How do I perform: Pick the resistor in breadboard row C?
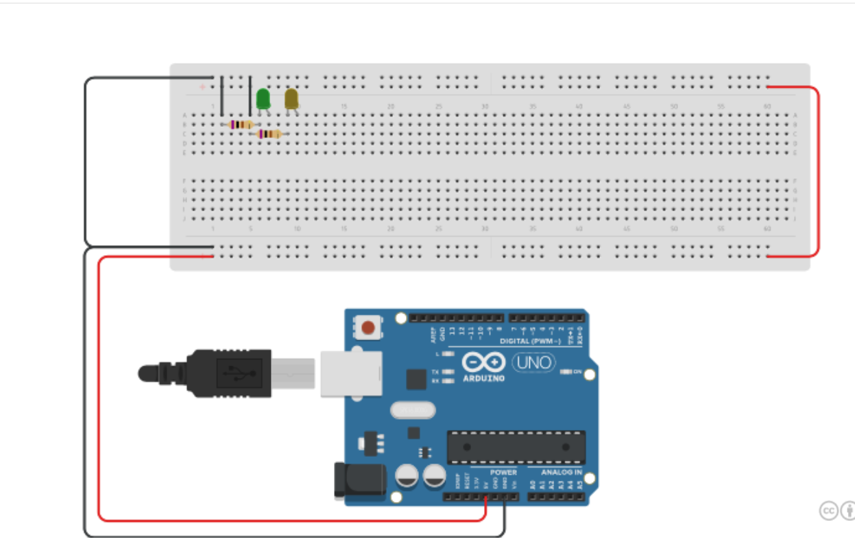coord(269,134)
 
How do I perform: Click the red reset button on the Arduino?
coord(368,328)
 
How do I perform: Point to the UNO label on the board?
coord(534,361)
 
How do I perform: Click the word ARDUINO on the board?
coord(483,378)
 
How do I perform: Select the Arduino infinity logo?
coord(483,362)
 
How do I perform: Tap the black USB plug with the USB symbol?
coord(226,373)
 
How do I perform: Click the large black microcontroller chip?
coord(516,447)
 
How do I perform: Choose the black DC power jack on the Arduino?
coord(349,480)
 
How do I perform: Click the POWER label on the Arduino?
coord(503,473)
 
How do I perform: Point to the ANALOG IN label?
coord(561,473)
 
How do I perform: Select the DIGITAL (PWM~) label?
coord(530,341)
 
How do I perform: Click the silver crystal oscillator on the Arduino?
coord(413,410)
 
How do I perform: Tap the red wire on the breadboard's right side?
coord(817,171)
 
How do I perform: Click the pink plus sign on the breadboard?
coord(202,87)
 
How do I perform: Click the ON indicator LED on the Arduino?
coord(566,372)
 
